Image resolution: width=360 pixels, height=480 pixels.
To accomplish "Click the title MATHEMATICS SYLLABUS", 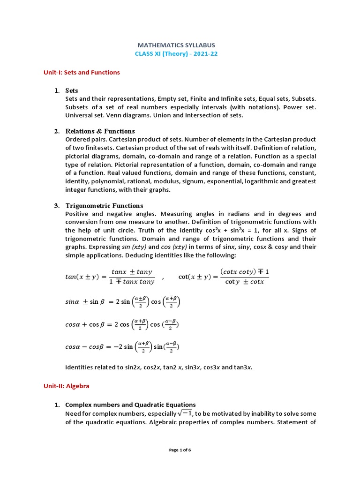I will click(x=176, y=45).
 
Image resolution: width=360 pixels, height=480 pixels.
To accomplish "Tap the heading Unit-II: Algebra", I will click(x=66, y=386).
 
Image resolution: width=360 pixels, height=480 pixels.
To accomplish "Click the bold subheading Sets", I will click(x=72, y=90).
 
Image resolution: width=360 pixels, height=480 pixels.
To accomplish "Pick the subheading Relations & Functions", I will click(x=100, y=131).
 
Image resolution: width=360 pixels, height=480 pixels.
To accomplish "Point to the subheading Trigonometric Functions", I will click(x=104, y=206).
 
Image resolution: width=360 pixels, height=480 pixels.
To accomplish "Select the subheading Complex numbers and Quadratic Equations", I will click(x=130, y=405).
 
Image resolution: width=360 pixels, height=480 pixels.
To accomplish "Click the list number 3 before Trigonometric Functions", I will click(x=56, y=206).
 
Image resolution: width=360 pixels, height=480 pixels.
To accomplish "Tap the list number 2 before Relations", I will click(x=56, y=131).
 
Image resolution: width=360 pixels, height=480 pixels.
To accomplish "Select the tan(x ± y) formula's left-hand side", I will click(x=82, y=277).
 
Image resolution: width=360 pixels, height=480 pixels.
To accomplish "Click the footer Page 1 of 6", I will click(x=180, y=450).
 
